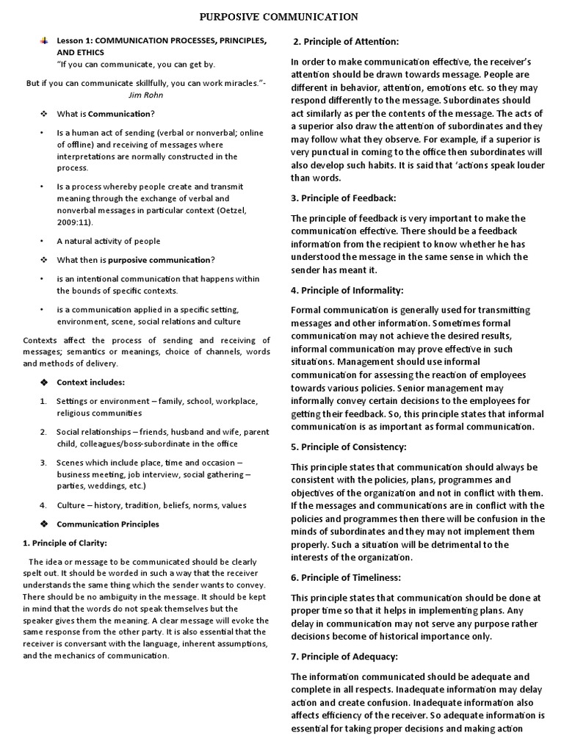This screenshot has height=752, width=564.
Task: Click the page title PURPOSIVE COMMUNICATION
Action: [x=281, y=16]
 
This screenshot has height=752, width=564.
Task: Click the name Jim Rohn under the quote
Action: [x=146, y=95]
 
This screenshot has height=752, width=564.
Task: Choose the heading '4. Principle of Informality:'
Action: [x=347, y=290]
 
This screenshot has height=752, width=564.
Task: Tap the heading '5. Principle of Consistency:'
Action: [x=349, y=446]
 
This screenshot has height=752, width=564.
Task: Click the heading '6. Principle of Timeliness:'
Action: [x=346, y=578]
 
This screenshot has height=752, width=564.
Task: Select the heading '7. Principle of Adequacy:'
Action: [x=344, y=656]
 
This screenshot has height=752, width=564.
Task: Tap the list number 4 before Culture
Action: [x=43, y=505]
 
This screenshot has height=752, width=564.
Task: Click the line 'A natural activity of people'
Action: [x=108, y=241]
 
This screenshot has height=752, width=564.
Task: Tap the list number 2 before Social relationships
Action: [x=43, y=432]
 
